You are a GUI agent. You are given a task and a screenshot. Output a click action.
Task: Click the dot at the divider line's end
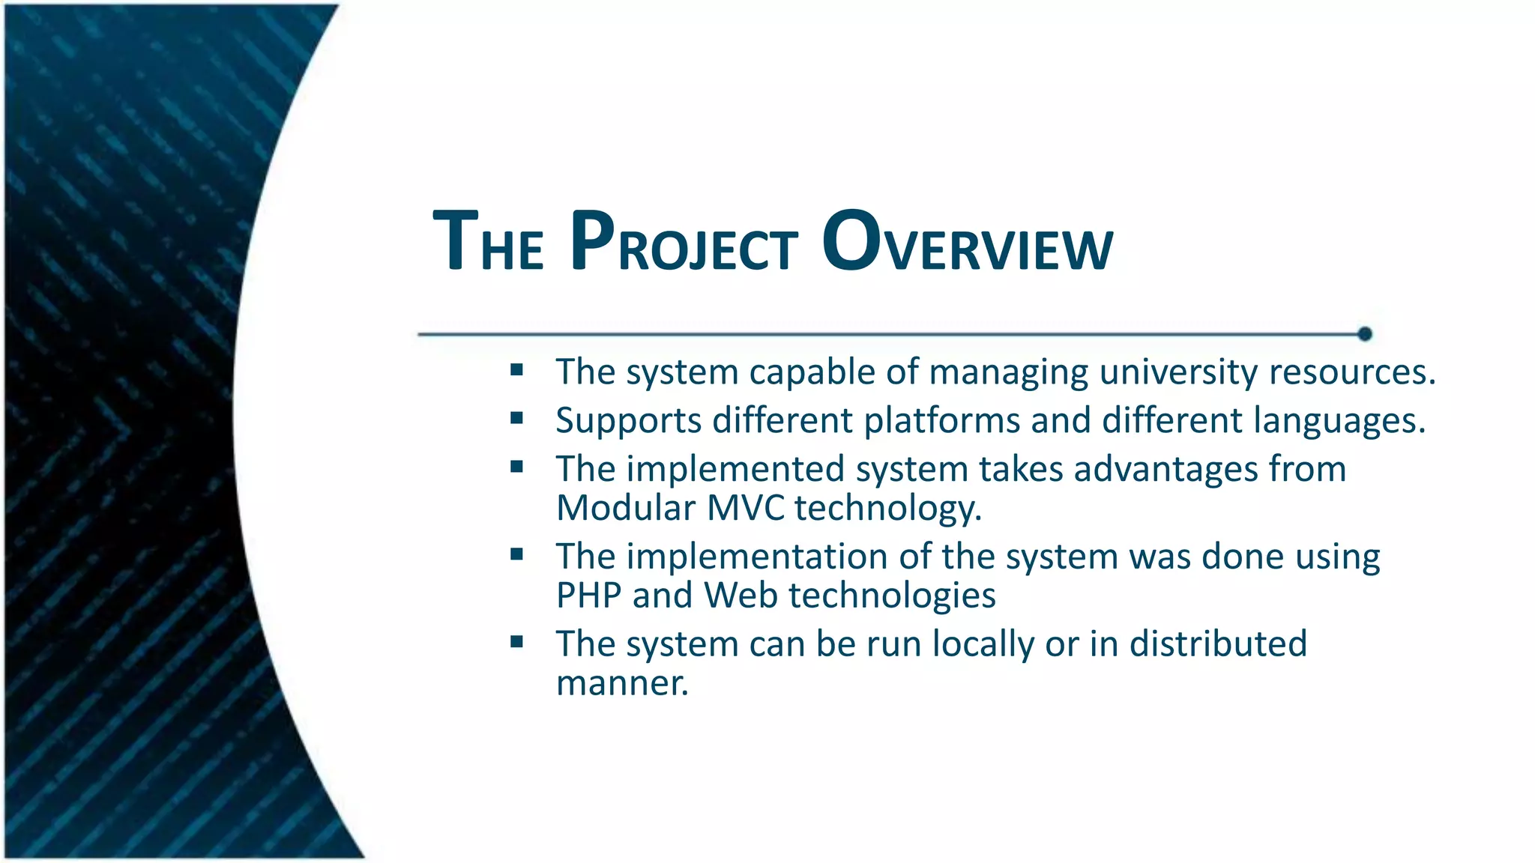point(1365,334)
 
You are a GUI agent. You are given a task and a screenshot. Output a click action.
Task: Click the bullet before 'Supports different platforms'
point(516,418)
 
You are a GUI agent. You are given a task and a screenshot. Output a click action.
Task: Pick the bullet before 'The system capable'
point(516,369)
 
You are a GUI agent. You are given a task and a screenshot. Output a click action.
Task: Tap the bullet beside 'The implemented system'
point(516,467)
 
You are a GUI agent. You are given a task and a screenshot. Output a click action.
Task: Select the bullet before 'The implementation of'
point(516,554)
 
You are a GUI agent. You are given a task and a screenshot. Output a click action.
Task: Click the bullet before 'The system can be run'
point(516,642)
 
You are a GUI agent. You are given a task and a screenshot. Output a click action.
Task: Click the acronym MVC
point(745,509)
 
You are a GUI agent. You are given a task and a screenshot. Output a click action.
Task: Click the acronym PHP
point(588,596)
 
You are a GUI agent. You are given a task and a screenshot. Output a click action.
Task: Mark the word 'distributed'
point(1218,644)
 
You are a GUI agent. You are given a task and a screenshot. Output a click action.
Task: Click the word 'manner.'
point(622,684)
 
